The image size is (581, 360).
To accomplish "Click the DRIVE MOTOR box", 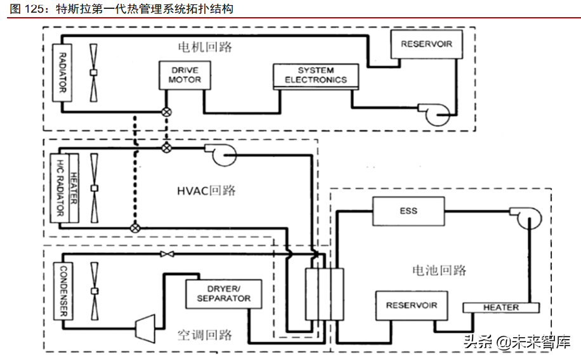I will pyautogui.click(x=185, y=75).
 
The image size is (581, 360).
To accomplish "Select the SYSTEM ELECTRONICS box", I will pyautogui.click(x=315, y=75).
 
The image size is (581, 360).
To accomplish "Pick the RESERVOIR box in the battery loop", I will pyautogui.click(x=411, y=305).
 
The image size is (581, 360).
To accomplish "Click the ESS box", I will pyautogui.click(x=408, y=210).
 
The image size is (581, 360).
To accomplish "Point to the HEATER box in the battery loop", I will pyautogui.click(x=500, y=307).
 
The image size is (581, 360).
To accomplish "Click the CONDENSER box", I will pyautogui.click(x=63, y=292).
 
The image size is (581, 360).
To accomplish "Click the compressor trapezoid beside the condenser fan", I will pyautogui.click(x=146, y=324).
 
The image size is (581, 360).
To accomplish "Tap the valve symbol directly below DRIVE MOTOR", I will pyautogui.click(x=167, y=112).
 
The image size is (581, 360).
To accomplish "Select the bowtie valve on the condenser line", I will pyautogui.click(x=167, y=254).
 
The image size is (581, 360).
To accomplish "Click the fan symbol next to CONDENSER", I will pyautogui.click(x=94, y=292).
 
